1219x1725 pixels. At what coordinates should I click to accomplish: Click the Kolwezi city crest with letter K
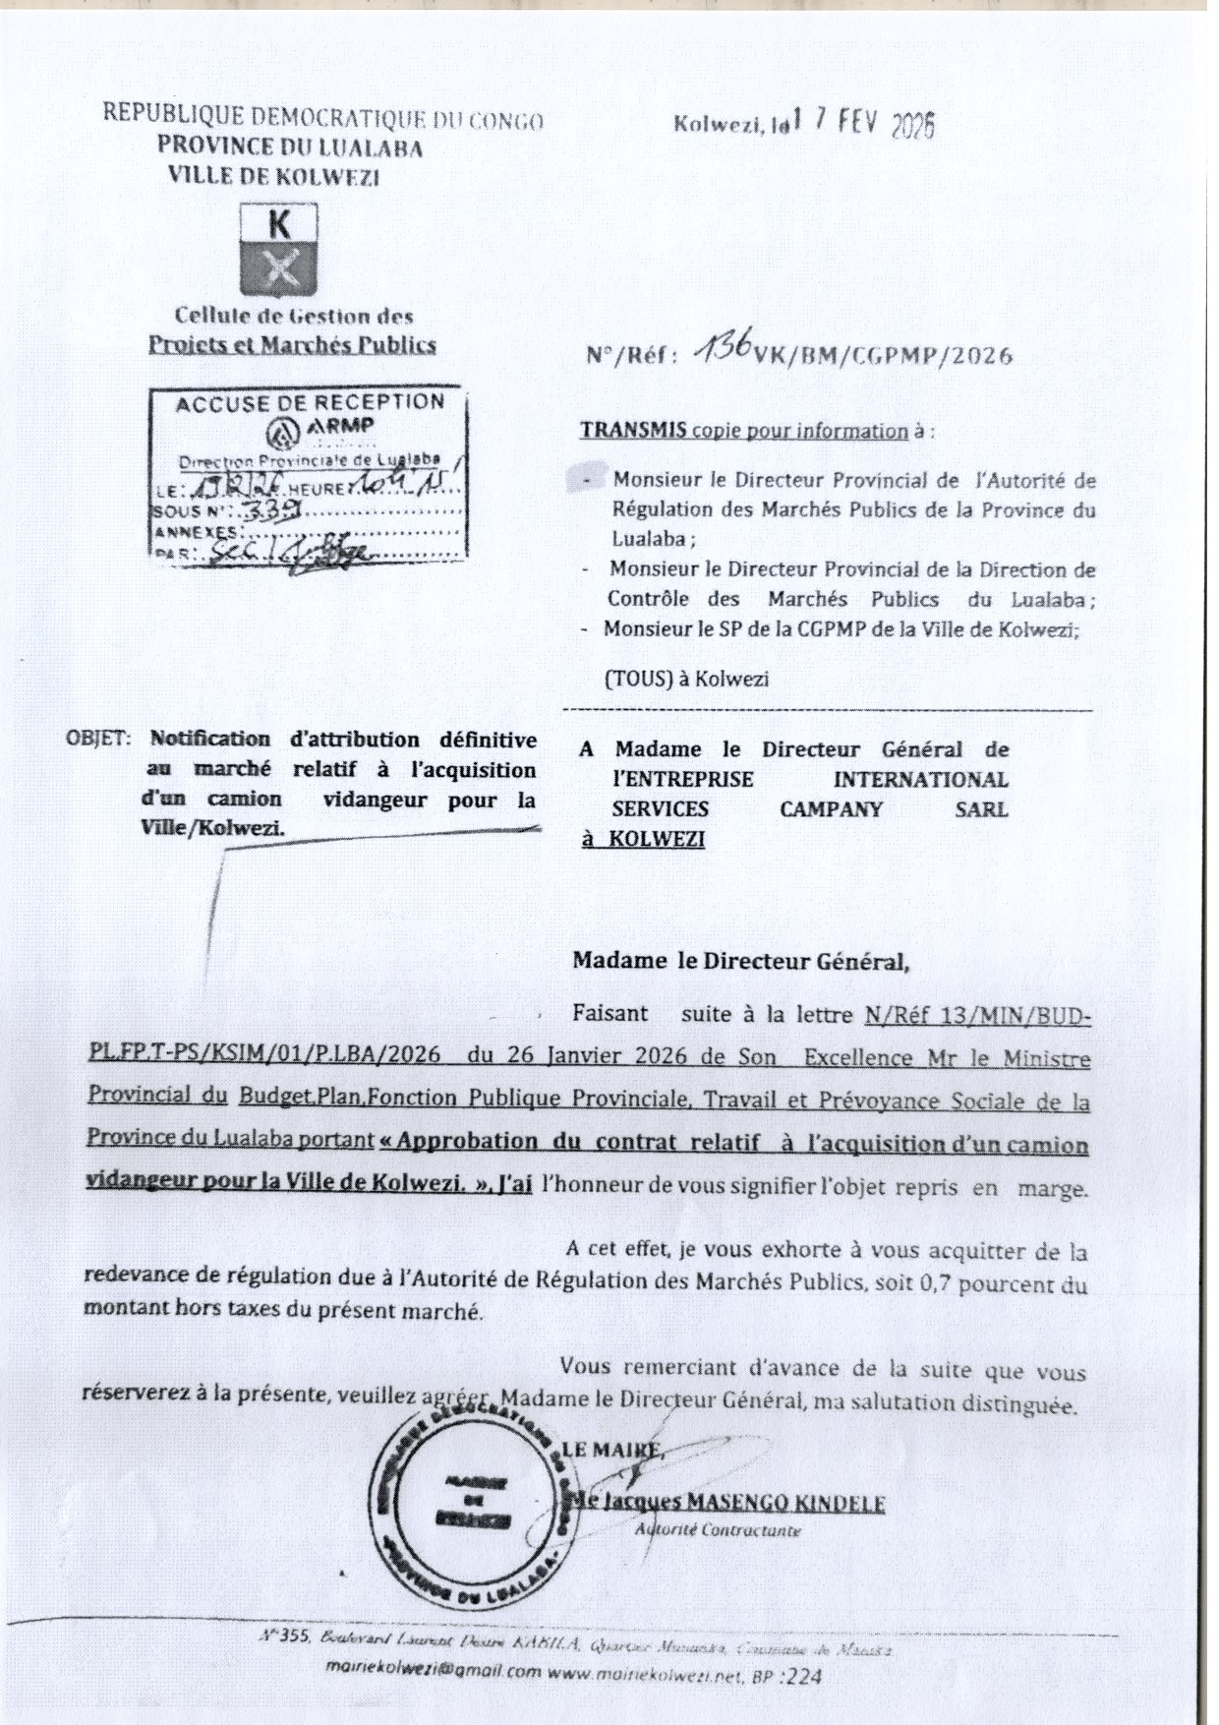279,250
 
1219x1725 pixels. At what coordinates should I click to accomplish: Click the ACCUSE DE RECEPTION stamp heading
309,402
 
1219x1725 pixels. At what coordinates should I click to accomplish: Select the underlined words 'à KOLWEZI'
643,839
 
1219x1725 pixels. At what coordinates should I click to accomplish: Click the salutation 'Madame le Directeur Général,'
740,962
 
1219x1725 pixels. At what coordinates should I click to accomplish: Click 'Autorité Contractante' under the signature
717,1530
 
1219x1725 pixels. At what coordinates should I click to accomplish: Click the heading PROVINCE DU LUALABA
291,149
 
